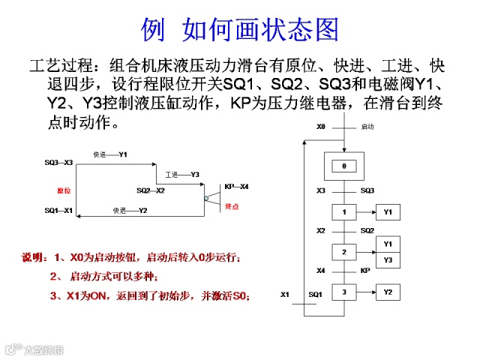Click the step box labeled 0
[343, 166]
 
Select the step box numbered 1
[343, 213]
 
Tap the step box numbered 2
[343, 252]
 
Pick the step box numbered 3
[343, 292]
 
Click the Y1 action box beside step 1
[388, 213]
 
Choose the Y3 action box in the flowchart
[388, 259]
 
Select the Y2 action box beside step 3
[388, 292]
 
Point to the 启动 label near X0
[367, 127]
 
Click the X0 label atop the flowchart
[320, 127]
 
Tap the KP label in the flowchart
[365, 271]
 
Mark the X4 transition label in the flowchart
[321, 271]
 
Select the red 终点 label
[232, 206]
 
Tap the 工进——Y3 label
[182, 174]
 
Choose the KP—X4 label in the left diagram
[236, 186]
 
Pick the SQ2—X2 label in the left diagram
[150, 190]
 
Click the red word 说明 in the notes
[33, 258]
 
